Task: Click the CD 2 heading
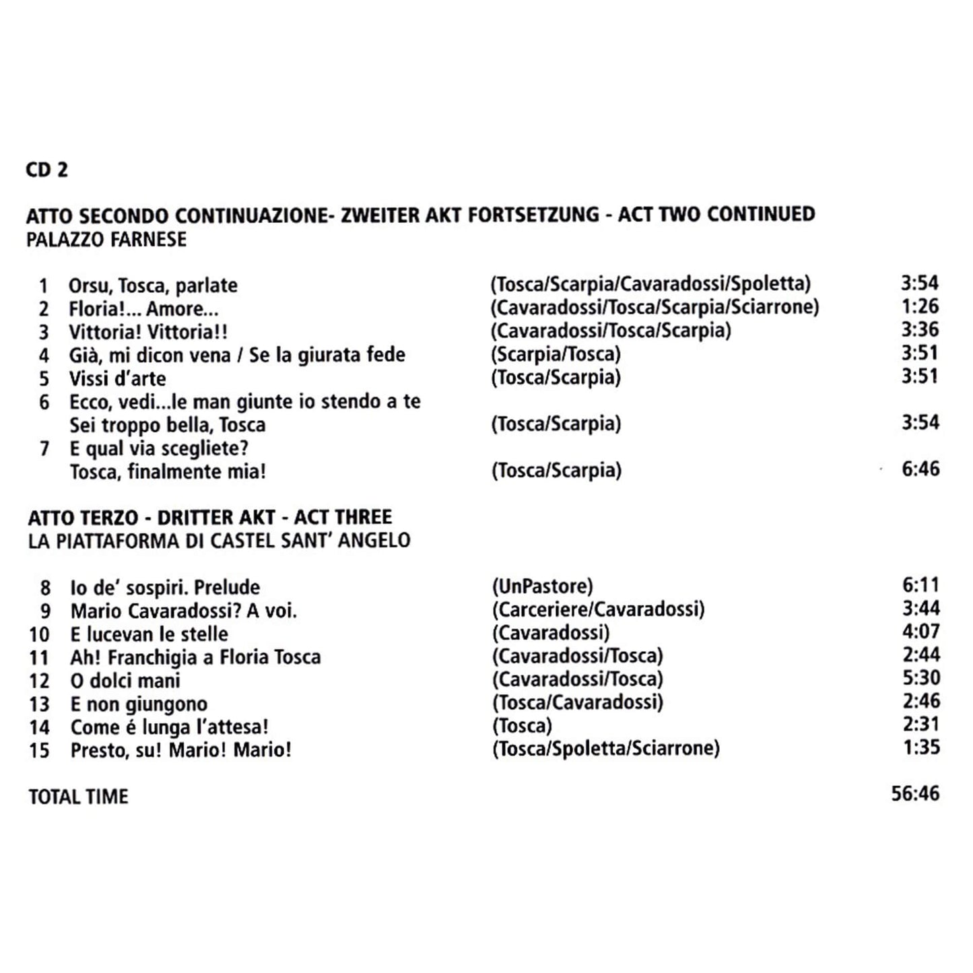47,170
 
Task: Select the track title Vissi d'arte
117,378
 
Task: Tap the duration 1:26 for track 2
920,306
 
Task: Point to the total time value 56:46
915,793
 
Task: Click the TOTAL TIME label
78,797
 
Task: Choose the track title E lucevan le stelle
149,634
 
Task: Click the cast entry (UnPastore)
542,586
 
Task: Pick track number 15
40,750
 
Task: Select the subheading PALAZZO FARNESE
106,240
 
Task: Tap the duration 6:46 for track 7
920,469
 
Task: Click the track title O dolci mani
125,681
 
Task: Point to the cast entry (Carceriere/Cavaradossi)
598,609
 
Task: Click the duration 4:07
920,632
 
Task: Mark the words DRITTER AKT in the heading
216,518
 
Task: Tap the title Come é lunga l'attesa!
170,727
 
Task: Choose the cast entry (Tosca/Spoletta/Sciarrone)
606,748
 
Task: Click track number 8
45,588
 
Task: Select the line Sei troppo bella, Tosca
168,426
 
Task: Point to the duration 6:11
920,585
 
